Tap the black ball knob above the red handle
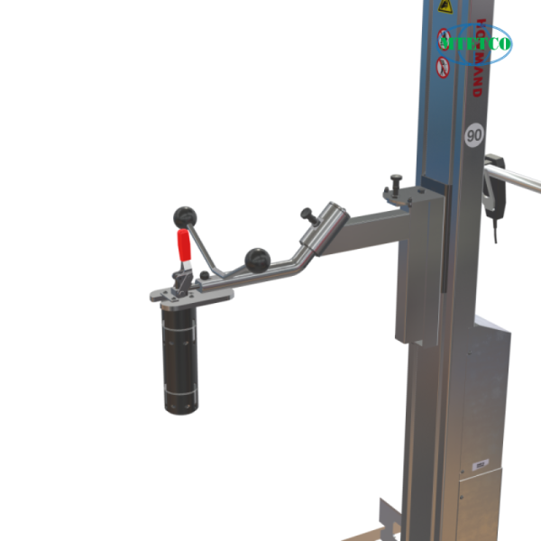click(184, 215)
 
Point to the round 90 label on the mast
click(474, 135)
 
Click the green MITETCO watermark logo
click(481, 41)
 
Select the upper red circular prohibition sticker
click(444, 40)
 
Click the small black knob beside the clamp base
click(205, 275)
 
